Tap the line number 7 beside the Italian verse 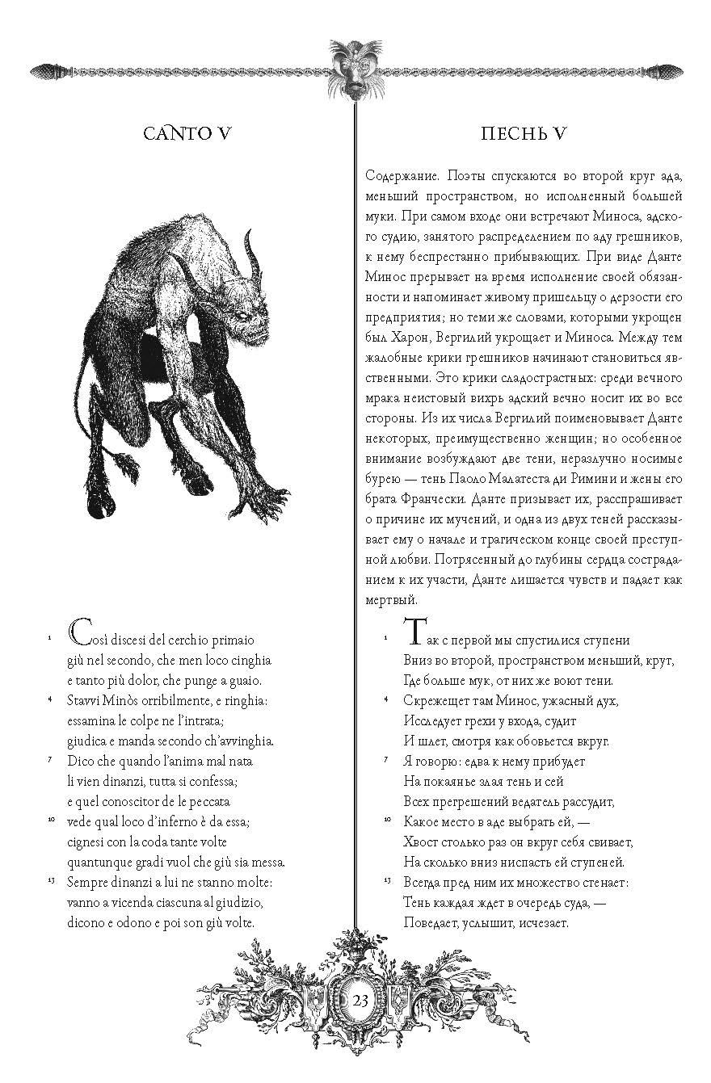(x=51, y=760)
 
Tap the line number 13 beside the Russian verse (x=386, y=880)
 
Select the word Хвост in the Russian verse (x=420, y=842)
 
